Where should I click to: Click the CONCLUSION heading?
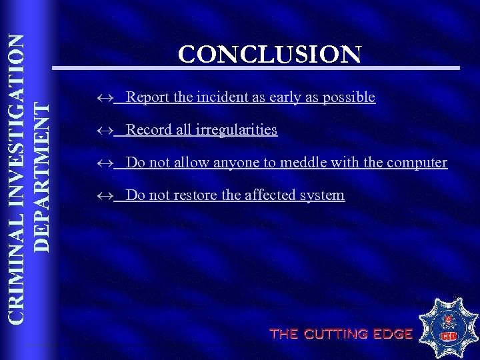tap(270, 54)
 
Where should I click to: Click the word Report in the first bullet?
tap(147, 97)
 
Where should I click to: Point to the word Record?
tap(147, 129)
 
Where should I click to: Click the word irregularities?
tap(237, 129)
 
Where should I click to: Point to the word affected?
tap(272, 195)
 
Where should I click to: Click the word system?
tap(323, 195)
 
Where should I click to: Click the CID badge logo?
tap(447, 329)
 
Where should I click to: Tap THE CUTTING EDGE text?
tap(341, 334)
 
